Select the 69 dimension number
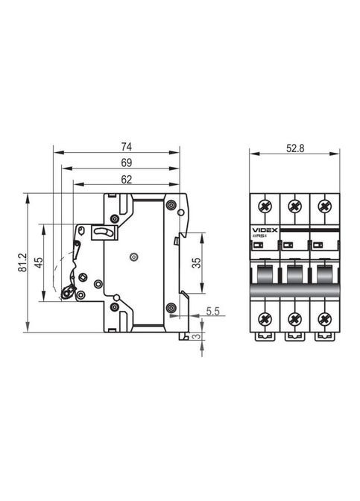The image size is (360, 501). click(x=126, y=163)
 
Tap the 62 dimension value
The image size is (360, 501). click(x=126, y=178)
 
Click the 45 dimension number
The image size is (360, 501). click(x=37, y=262)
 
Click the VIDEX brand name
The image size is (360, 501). click(x=265, y=231)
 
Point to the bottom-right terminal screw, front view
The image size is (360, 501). click(x=324, y=319)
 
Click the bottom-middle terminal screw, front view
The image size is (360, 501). click(x=294, y=319)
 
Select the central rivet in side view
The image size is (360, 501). click(x=133, y=257)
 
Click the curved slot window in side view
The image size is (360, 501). click(x=104, y=234)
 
